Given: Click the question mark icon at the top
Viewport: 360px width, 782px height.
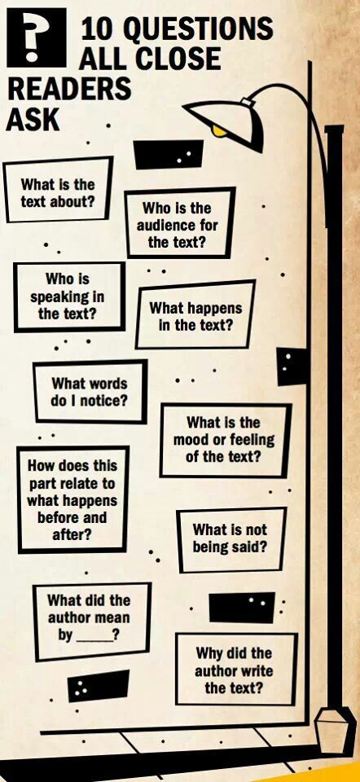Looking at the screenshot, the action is tap(37, 37).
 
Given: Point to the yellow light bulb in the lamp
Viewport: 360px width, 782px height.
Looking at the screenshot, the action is tap(219, 130).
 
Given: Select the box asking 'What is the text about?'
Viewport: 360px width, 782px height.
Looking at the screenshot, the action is tap(58, 190).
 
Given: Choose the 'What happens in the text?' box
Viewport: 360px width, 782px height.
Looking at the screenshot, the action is tap(195, 315).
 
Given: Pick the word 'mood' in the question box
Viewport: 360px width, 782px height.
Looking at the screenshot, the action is tap(190, 441).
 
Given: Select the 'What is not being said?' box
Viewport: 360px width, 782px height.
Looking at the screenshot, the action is tap(231, 539).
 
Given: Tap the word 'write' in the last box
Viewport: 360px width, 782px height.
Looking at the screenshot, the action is tap(256, 670).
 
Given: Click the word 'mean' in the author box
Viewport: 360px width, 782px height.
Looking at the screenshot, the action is tap(113, 617).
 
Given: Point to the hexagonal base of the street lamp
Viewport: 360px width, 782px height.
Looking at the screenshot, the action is tap(327, 727).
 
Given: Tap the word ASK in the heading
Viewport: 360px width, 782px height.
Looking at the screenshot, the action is tap(33, 120).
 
